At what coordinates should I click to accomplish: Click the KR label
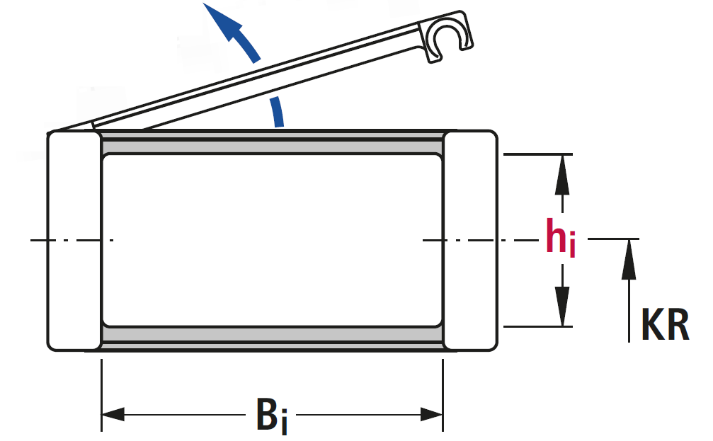(x=664, y=326)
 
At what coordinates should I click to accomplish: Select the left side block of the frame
(x=74, y=241)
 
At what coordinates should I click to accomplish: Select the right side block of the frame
(x=469, y=241)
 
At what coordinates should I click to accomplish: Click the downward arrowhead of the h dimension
(x=562, y=308)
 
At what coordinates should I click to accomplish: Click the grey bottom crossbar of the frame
(x=273, y=336)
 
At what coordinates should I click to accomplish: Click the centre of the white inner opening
(x=273, y=241)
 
